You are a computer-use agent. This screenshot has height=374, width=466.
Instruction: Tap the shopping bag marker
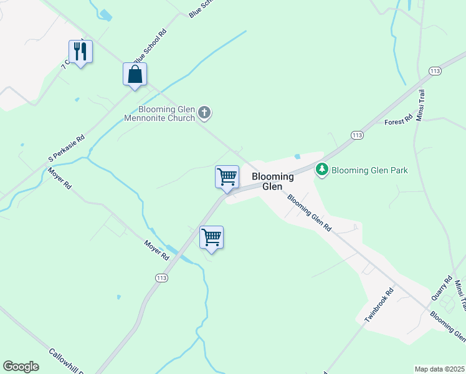click(135, 74)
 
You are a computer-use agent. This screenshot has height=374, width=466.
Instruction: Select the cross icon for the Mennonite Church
click(205, 113)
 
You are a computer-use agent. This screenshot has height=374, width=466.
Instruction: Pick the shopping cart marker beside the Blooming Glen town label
click(227, 176)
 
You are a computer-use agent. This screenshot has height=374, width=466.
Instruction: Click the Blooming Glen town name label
click(272, 181)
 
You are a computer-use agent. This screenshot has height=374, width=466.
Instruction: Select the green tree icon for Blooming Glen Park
click(322, 170)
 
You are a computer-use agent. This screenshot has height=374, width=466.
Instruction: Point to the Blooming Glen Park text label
click(369, 170)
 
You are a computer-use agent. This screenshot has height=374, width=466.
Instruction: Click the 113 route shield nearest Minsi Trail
click(435, 72)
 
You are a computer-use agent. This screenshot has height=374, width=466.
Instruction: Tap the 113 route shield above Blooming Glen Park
click(357, 135)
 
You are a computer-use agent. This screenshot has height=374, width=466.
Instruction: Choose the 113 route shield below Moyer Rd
click(161, 277)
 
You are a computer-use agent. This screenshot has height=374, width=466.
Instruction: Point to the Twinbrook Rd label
click(379, 305)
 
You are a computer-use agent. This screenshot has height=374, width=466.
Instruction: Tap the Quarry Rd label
click(441, 289)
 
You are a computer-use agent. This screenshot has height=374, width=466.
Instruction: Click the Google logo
click(21, 367)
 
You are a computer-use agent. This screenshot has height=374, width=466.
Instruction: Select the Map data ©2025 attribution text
click(439, 369)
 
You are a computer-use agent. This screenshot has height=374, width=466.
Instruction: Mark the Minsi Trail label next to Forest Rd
click(422, 106)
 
